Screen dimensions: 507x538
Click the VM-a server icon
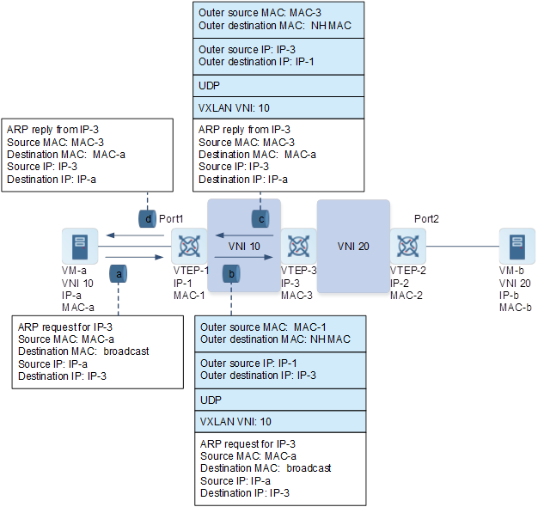80,247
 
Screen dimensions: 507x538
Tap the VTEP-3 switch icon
298,247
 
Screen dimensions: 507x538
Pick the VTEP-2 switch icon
407,247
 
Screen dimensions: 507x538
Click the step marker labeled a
119,273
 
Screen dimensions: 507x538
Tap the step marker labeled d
148,219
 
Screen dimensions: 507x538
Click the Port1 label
171,219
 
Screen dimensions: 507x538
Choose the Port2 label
426,219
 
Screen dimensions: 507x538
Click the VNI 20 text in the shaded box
353,247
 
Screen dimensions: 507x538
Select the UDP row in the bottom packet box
211,401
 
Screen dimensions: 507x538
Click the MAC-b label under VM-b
516,307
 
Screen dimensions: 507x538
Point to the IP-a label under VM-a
73,295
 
